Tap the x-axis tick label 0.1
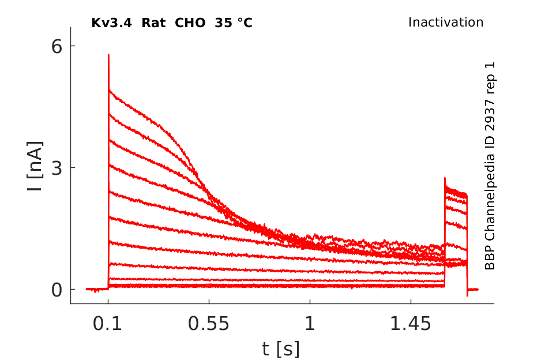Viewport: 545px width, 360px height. [x=108, y=325]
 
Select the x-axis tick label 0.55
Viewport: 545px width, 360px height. [x=209, y=325]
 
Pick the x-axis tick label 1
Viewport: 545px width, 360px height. [x=310, y=325]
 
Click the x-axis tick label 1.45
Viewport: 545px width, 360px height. [x=411, y=325]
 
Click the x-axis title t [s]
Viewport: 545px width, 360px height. [x=281, y=348]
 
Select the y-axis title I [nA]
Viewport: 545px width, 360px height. [x=35, y=167]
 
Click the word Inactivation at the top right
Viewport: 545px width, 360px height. [x=446, y=22]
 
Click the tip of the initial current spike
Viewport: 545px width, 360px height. [x=108, y=55]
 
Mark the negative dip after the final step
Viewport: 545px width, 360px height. [x=467, y=295]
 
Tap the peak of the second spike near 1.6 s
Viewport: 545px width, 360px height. [x=445, y=178]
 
